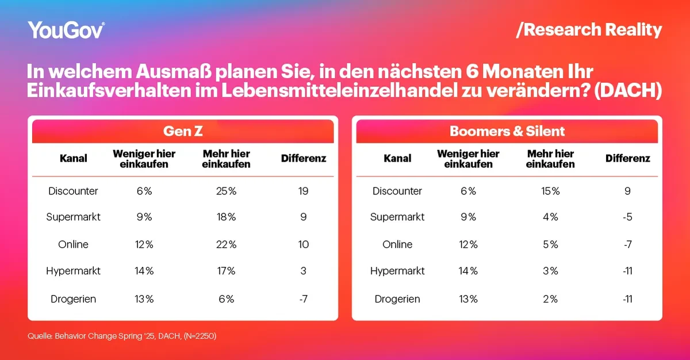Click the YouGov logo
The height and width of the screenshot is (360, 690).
click(x=66, y=30)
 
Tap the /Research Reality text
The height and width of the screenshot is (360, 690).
click(x=589, y=30)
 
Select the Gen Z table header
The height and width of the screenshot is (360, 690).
click(x=182, y=131)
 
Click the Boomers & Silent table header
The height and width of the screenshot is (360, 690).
click(x=507, y=131)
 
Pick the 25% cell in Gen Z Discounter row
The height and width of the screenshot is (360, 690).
click(x=227, y=191)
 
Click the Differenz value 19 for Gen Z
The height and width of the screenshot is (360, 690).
click(x=304, y=191)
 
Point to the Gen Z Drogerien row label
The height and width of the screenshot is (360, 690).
click(x=73, y=299)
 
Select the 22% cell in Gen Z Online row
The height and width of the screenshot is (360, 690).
click(x=227, y=244)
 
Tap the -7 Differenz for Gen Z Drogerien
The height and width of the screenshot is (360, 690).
click(x=304, y=299)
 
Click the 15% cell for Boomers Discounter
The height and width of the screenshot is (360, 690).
click(x=551, y=191)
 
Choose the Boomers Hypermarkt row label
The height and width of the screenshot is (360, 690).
click(x=397, y=271)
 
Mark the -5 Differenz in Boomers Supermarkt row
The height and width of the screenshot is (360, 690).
click(x=628, y=217)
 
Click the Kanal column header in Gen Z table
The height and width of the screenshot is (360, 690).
click(x=73, y=158)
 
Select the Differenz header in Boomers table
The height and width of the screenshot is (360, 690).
click(x=628, y=158)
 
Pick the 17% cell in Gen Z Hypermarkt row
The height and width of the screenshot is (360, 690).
click(x=227, y=271)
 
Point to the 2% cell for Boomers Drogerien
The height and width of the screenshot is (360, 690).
click(x=551, y=299)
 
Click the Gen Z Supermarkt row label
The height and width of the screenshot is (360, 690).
click(x=73, y=217)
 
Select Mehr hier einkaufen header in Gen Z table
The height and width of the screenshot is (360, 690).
click(x=227, y=159)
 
